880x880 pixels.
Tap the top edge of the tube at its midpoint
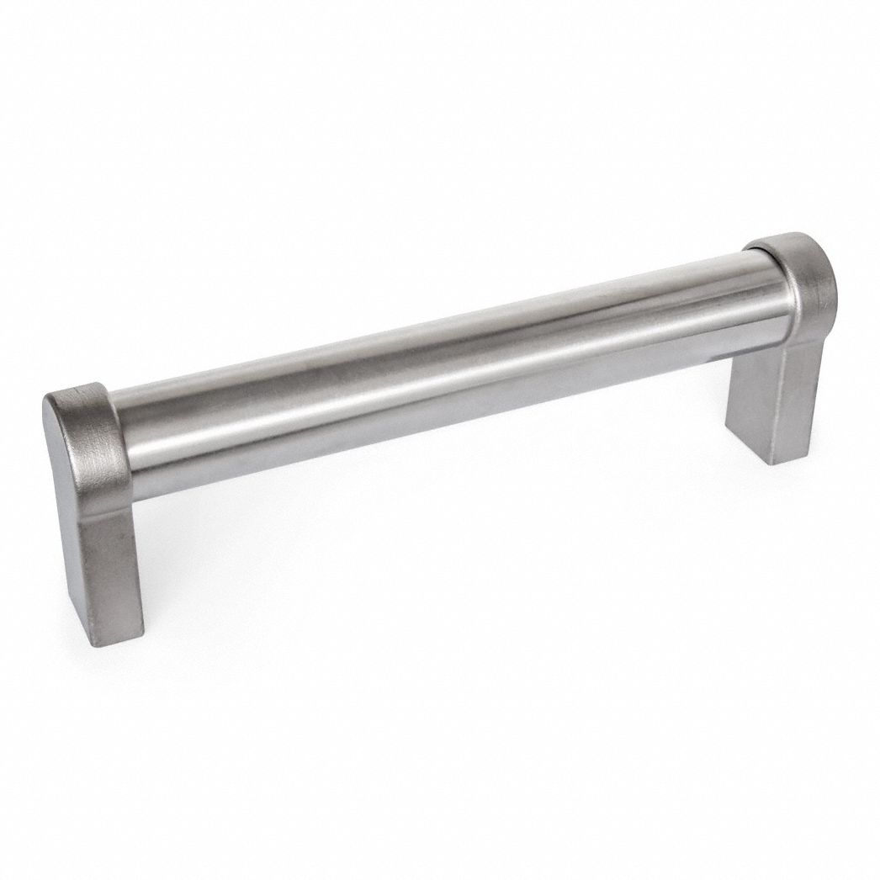[x=437, y=322]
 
